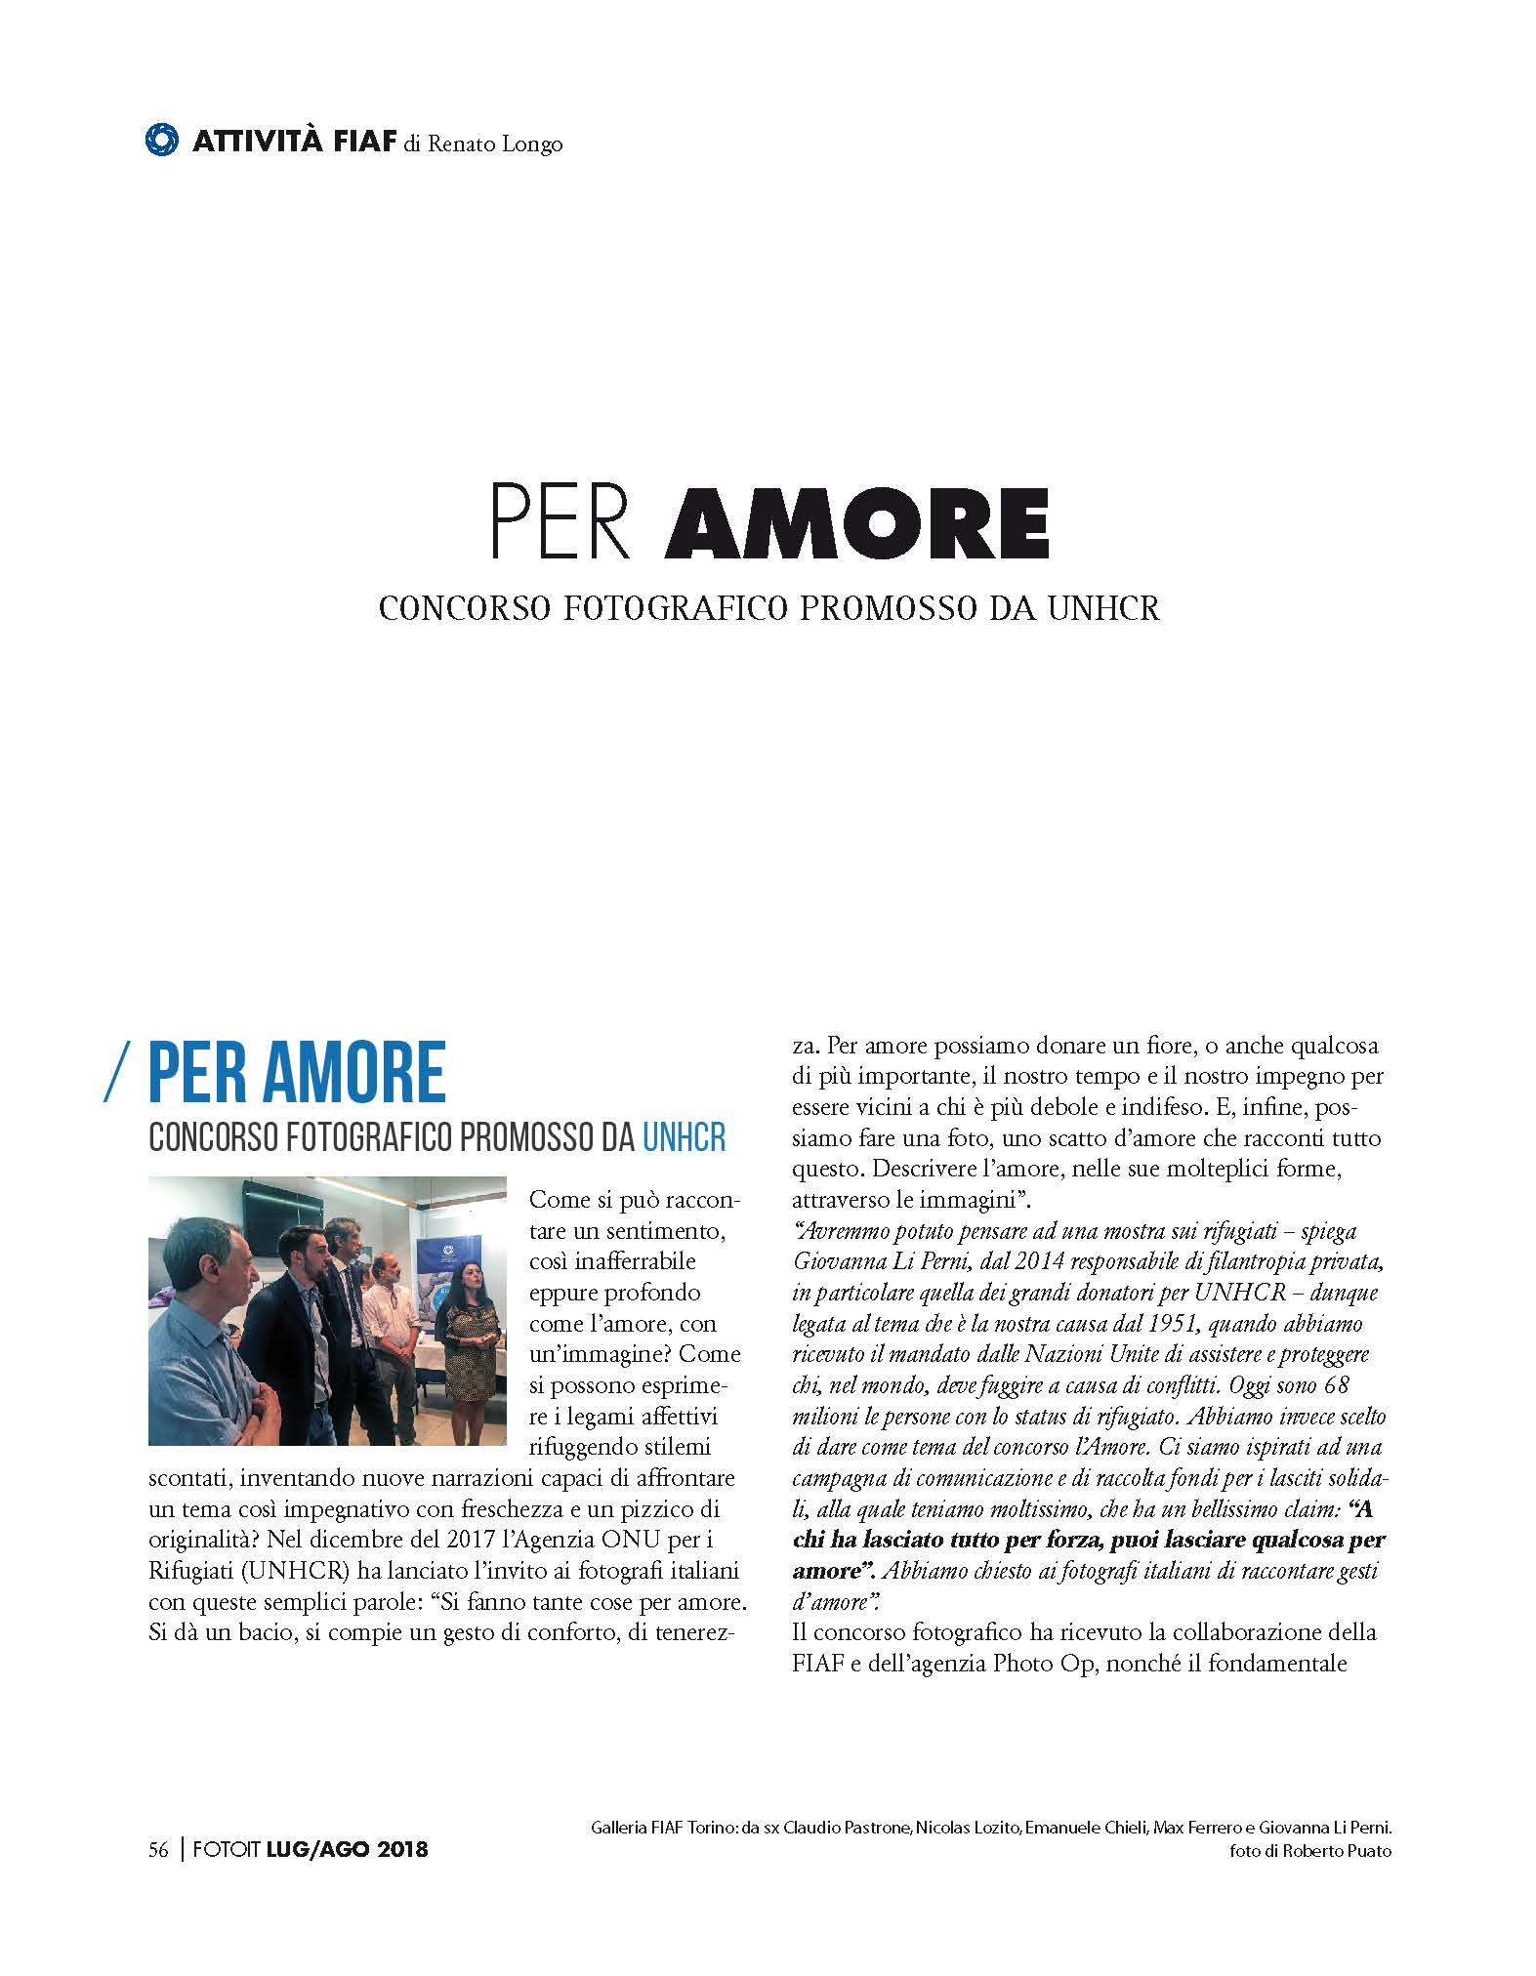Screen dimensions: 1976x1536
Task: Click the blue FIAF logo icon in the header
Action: coord(163,140)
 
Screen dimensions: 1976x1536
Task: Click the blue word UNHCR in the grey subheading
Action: coord(685,1138)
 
